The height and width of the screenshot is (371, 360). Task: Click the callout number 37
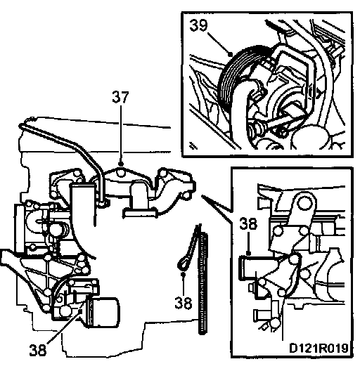(x=120, y=97)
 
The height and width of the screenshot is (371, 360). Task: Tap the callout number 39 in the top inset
(x=198, y=25)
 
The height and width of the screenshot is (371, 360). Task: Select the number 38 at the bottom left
(x=38, y=350)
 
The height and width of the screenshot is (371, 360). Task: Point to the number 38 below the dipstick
(x=184, y=303)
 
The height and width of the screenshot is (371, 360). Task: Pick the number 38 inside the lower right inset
(x=248, y=223)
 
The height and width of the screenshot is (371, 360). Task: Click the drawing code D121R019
(x=319, y=348)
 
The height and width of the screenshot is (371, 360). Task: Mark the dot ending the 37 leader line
(x=121, y=164)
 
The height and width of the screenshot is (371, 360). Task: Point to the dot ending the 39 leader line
(x=230, y=54)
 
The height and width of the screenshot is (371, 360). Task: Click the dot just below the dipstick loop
(x=183, y=274)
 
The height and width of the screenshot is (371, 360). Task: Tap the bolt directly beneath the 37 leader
(x=121, y=173)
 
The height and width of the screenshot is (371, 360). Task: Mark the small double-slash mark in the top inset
(x=194, y=145)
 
